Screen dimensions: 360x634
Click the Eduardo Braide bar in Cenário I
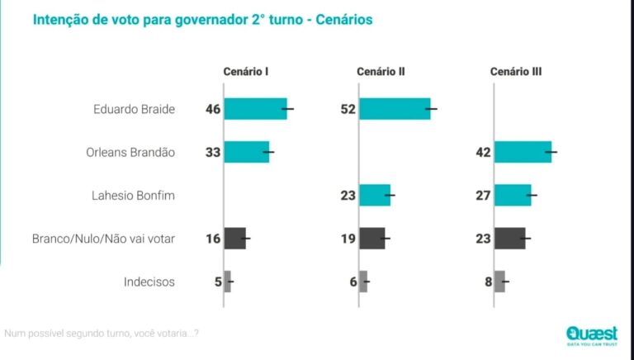point(255,109)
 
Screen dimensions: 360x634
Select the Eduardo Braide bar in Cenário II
point(395,109)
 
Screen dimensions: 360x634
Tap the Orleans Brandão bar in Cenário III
point(523,152)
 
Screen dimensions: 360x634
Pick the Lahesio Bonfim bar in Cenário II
point(375,196)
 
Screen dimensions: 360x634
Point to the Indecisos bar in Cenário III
point(499,282)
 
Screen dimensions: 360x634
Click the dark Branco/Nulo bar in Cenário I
point(235,239)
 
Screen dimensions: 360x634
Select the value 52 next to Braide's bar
point(348,109)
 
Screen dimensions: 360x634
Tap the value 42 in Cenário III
point(483,152)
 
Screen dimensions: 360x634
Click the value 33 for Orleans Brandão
point(213,152)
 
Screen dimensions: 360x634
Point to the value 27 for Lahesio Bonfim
point(483,196)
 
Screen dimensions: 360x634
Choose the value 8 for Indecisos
point(488,282)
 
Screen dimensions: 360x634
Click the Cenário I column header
point(246,72)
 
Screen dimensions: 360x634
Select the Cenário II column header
point(381,72)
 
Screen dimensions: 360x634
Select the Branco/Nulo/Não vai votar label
point(103,239)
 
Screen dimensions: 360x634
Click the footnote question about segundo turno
point(101,334)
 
